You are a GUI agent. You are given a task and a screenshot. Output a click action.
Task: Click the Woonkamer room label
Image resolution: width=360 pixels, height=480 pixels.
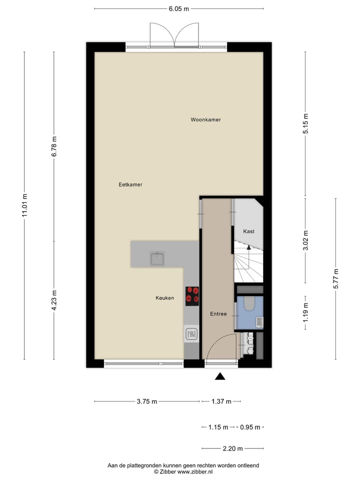coord(205,120)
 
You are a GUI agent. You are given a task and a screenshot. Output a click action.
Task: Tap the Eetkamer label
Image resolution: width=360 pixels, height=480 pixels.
coord(130,184)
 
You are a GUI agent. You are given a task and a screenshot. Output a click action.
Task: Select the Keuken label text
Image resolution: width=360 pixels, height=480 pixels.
coord(164,298)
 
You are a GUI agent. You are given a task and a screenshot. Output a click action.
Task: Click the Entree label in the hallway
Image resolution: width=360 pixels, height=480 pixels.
coord(218,314)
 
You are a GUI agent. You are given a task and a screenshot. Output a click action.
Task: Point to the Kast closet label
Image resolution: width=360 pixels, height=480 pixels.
coord(248,231)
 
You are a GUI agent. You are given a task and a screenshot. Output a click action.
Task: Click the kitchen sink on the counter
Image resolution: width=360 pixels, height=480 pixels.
coord(157,258)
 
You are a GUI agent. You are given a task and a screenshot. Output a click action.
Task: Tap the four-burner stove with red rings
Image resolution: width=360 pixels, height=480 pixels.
coord(192,295)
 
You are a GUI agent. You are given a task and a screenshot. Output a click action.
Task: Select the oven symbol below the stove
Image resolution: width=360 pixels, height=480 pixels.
coord(191,333)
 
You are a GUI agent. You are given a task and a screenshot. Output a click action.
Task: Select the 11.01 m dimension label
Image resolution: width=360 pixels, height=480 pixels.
coord(24,205)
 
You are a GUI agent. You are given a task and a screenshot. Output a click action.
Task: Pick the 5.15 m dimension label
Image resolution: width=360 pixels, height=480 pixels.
coord(306,124)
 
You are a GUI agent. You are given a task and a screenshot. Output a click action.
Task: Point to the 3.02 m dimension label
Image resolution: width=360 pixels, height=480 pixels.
coord(306,240)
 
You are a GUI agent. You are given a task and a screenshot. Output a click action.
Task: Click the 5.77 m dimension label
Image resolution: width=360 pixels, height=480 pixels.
coord(335,278)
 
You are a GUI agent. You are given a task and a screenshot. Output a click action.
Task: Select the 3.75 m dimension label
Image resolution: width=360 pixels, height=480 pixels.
coord(147,401)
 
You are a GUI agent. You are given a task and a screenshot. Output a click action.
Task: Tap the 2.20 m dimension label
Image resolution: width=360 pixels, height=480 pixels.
coord(232,448)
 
